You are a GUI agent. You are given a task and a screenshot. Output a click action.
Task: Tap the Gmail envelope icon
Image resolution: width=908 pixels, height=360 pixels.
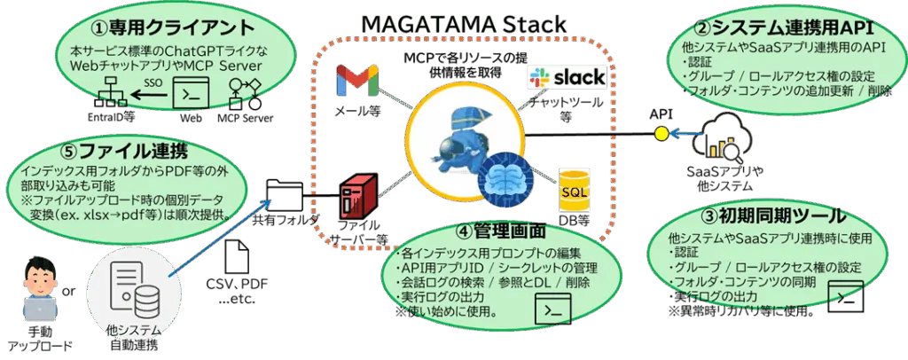coord(357,82)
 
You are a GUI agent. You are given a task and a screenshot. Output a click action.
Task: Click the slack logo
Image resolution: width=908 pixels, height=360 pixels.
coord(567,78)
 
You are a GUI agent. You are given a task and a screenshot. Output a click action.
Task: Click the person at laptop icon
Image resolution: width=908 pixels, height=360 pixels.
coord(36,291)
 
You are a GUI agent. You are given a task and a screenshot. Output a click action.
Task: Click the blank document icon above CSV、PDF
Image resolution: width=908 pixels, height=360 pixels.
coord(237,257)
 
